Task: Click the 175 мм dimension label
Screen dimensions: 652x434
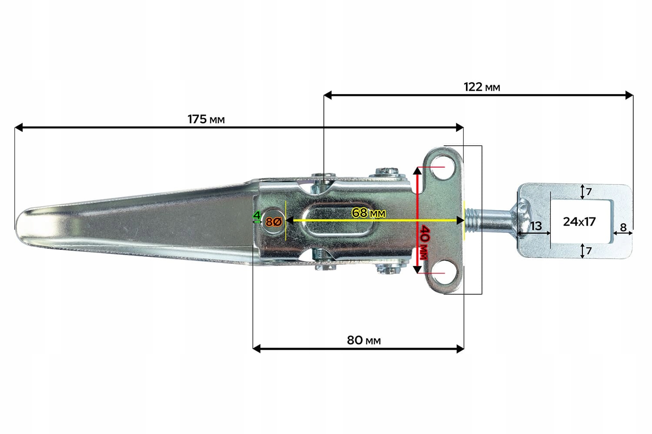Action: pyautogui.click(x=206, y=119)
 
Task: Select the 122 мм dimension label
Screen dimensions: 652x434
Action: pyautogui.click(x=482, y=87)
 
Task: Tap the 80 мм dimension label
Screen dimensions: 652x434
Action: pyautogui.click(x=363, y=340)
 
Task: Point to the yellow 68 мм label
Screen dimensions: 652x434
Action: pyautogui.click(x=369, y=213)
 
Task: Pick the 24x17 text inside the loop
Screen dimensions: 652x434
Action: pyautogui.click(x=579, y=221)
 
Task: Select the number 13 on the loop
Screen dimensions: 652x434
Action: pyautogui.click(x=536, y=226)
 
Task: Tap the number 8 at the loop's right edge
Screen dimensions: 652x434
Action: pyautogui.click(x=623, y=227)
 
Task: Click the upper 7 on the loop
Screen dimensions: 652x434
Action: pyautogui.click(x=589, y=191)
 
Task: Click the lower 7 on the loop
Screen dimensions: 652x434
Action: pyautogui.click(x=589, y=251)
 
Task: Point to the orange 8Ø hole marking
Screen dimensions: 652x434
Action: pyautogui.click(x=274, y=222)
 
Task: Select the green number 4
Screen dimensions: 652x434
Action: pyautogui.click(x=257, y=215)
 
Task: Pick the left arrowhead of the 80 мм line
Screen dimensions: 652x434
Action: pyautogui.click(x=256, y=348)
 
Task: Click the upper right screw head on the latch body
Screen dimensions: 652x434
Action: pyautogui.click(x=387, y=171)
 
